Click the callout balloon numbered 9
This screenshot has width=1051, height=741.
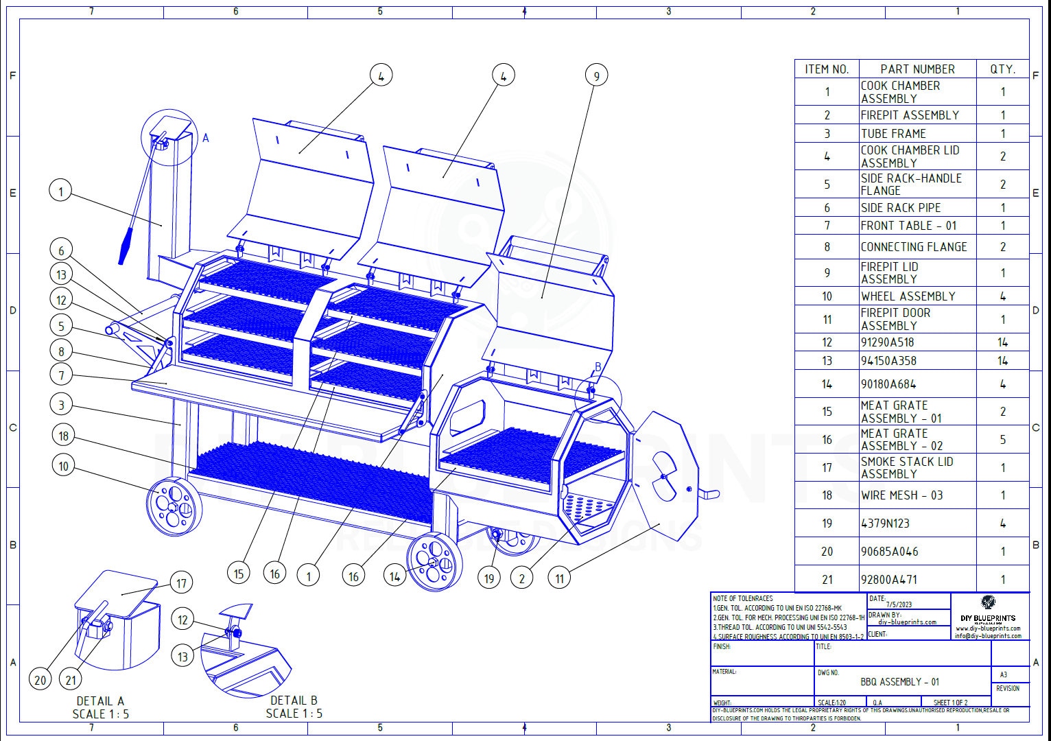(x=596, y=75)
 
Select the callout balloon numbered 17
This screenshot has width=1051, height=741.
(x=181, y=583)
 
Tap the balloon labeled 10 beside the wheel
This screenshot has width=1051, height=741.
(x=63, y=467)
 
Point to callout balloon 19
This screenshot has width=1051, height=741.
(x=488, y=578)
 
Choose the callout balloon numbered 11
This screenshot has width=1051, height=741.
(x=559, y=578)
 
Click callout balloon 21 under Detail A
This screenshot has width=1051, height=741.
(x=71, y=680)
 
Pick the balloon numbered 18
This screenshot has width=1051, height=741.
(x=63, y=436)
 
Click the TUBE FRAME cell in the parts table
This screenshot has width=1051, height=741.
(x=893, y=134)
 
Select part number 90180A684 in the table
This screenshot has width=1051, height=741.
(x=888, y=384)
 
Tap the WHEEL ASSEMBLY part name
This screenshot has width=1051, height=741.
(x=908, y=296)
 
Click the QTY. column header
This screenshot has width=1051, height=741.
(x=1002, y=69)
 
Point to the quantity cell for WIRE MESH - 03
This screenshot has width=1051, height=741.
(x=1002, y=495)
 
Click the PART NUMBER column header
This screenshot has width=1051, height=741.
(x=917, y=69)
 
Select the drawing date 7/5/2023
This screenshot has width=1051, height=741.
(x=895, y=604)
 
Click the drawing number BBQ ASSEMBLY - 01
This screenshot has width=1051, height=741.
(x=900, y=682)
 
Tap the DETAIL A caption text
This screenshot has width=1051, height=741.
(x=100, y=701)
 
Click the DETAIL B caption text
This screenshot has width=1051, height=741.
(x=294, y=701)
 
